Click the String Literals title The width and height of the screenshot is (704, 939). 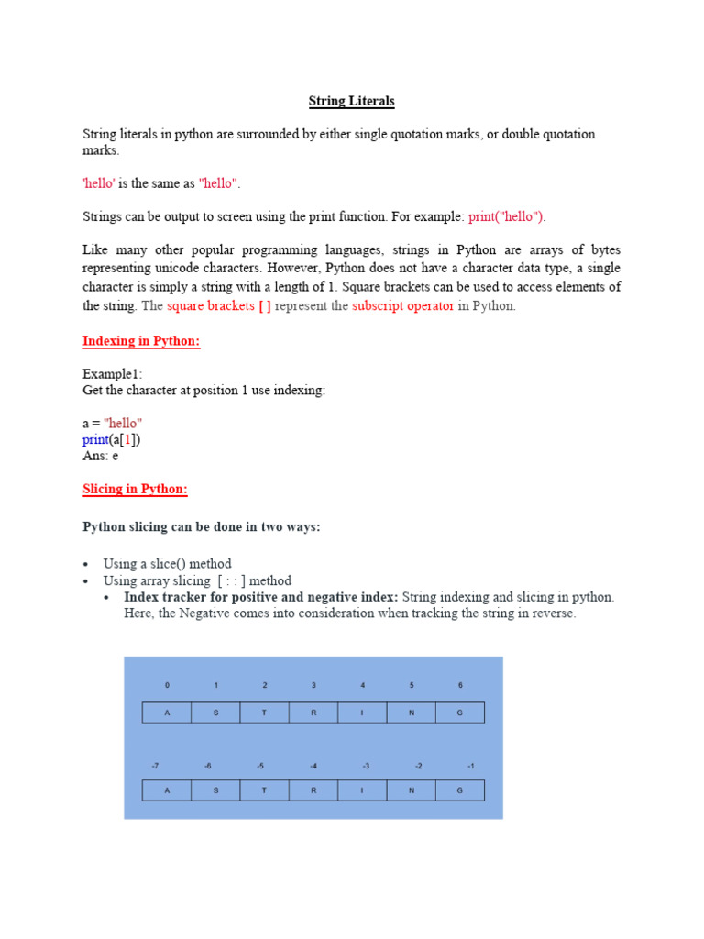[352, 101]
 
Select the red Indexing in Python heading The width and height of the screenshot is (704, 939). [141, 341]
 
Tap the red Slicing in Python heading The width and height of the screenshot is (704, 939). [135, 489]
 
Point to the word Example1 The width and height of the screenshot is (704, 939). [113, 374]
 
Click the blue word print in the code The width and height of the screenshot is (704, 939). [94, 439]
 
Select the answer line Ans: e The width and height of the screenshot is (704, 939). [101, 455]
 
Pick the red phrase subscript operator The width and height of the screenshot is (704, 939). [403, 305]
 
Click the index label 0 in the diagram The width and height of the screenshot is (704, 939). [167, 685]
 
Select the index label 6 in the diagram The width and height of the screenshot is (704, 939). [461, 685]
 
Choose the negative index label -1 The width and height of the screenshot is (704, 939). [470, 765]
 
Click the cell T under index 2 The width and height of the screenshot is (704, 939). [264, 713]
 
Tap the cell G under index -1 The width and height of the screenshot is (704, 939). [460, 790]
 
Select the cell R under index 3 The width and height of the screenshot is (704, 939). [313, 713]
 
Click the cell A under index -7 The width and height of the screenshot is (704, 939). [167, 790]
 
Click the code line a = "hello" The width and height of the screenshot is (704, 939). [113, 423]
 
